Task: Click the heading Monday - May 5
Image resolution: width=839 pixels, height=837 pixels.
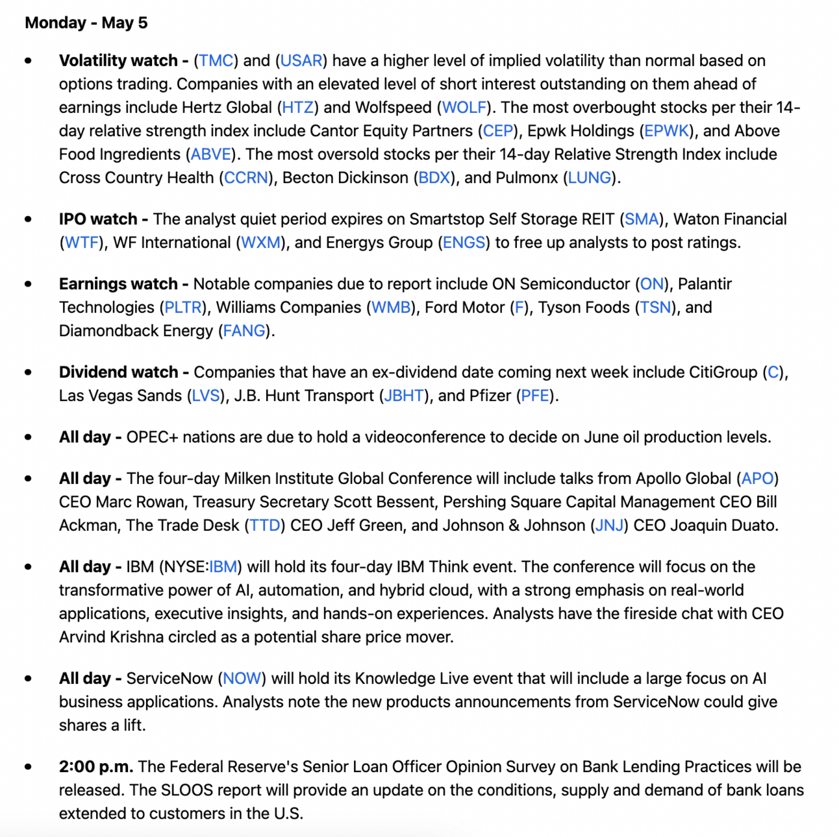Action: pyautogui.click(x=86, y=23)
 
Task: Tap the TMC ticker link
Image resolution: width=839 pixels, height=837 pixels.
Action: pyautogui.click(x=216, y=61)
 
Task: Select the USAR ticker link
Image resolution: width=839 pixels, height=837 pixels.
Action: pyautogui.click(x=301, y=61)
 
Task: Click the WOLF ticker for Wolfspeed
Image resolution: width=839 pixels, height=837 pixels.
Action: pyautogui.click(x=464, y=108)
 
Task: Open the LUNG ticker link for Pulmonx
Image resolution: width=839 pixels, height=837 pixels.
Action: pyautogui.click(x=590, y=178)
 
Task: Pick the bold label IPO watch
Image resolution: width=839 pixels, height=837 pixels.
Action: pyautogui.click(x=98, y=219)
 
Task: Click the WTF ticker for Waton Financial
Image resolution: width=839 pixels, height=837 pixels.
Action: pyautogui.click(x=82, y=243)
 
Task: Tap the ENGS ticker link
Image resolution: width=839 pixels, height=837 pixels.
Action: pyautogui.click(x=464, y=243)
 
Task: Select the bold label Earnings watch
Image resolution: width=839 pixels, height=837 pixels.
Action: pyautogui.click(x=118, y=284)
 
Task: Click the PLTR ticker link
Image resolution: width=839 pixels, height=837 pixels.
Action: pyautogui.click(x=182, y=308)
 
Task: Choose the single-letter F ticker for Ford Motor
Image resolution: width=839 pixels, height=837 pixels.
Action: pyautogui.click(x=519, y=308)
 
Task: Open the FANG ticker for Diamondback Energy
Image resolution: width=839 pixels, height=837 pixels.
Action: pyautogui.click(x=244, y=331)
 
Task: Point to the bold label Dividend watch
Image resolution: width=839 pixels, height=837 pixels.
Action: pyautogui.click(x=118, y=372)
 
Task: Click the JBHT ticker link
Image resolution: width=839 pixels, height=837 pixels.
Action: pyautogui.click(x=404, y=396)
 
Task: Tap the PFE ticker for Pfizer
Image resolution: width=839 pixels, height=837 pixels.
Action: pyautogui.click(x=535, y=396)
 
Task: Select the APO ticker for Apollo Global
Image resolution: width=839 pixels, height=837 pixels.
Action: pyautogui.click(x=757, y=479)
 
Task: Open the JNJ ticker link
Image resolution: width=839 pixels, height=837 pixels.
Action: pyautogui.click(x=609, y=526)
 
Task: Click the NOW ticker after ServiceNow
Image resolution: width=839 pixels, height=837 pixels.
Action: pyautogui.click(x=242, y=679)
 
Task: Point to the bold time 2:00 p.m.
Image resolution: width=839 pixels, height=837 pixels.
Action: pyautogui.click(x=96, y=767)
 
